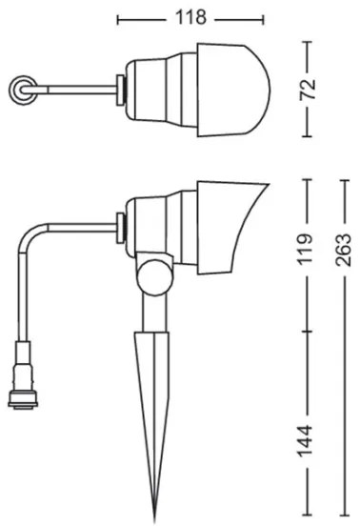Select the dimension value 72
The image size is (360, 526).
[306, 90]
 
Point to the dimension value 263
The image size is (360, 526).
[343, 253]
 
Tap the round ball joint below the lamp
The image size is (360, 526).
[152, 277]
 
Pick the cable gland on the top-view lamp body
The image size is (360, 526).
[119, 90]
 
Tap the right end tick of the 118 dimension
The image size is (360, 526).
[263, 18]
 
